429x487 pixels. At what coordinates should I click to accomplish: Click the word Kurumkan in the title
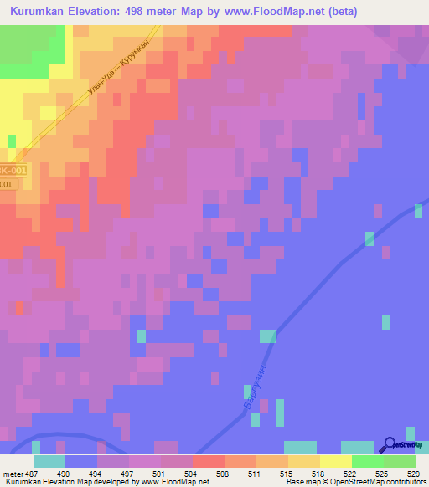[x=40, y=12]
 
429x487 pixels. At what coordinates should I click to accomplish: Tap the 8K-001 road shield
[x=7, y=169]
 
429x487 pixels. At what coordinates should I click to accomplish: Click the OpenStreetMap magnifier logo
[x=390, y=444]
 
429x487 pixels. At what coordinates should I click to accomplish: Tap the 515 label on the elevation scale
[x=275, y=474]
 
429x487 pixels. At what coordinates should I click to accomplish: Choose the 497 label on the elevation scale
[x=128, y=474]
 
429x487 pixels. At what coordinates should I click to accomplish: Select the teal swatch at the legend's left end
[x=49, y=461]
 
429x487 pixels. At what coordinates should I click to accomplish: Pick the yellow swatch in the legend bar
[x=335, y=461]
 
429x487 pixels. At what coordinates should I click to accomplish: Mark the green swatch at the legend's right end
[x=399, y=461]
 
